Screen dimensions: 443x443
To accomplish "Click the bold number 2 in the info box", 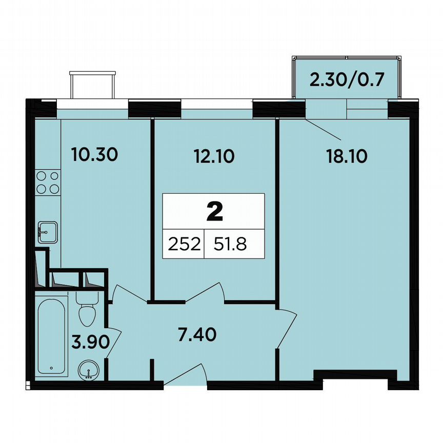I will coord(214,211).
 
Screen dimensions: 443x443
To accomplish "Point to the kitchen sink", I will coord(47,231).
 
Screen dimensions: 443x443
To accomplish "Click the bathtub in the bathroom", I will coord(51,333).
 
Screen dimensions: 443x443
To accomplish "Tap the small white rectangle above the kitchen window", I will coord(93,85).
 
